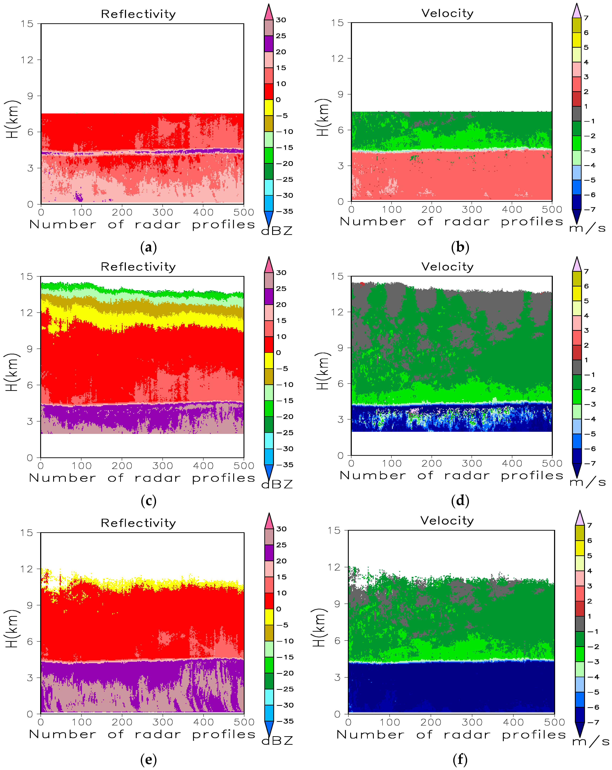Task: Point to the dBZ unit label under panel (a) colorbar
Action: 277,231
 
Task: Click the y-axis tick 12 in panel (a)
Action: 27,60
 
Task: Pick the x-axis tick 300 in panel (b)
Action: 472,210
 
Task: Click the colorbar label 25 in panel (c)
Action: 281,289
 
